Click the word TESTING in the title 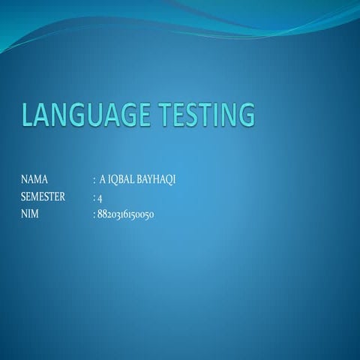(x=205, y=116)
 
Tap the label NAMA (x=34, y=180)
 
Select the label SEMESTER (x=43, y=197)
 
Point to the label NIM (x=30, y=214)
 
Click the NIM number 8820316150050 (x=125, y=214)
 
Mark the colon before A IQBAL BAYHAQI (x=94, y=181)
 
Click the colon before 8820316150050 (x=94, y=215)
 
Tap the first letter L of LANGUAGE (x=28, y=116)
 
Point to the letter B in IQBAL (x=122, y=180)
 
